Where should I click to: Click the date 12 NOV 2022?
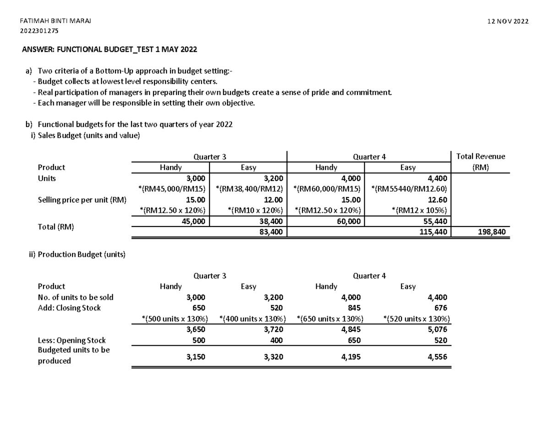(x=508, y=22)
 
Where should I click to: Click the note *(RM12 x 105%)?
(x=420, y=210)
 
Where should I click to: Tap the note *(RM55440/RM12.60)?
(x=410, y=189)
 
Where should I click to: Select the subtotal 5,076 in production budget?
(x=437, y=329)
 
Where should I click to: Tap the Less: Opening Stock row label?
(x=71, y=340)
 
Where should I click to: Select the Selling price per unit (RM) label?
(x=82, y=200)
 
